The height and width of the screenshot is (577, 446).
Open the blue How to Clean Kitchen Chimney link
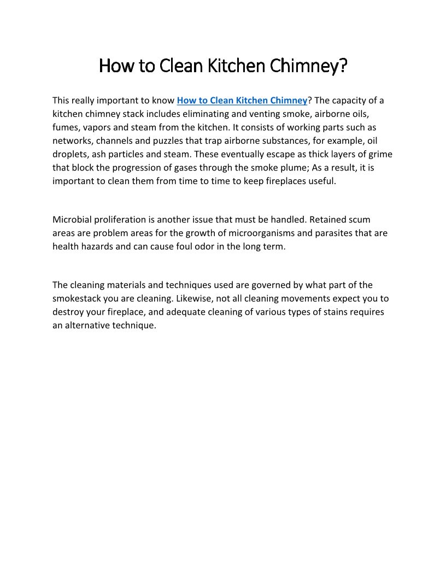242,101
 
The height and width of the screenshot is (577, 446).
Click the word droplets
71,154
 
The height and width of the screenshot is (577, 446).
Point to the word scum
360,220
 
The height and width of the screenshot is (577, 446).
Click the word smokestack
78,299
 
